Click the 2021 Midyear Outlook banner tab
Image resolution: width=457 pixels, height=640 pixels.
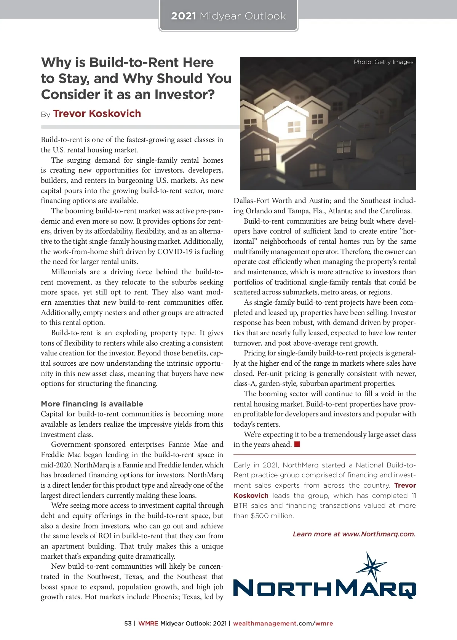pos(228,16)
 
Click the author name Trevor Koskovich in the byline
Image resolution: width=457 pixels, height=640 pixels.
pos(97,114)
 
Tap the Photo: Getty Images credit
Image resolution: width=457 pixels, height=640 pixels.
pos(383,62)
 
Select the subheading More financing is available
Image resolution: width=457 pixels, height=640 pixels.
pos(92,404)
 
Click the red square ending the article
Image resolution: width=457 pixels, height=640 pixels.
pos(297,444)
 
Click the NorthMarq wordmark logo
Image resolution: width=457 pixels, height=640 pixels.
pos(324,589)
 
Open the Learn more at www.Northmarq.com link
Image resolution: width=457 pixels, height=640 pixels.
pos(354,534)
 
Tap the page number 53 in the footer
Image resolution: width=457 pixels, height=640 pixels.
pos(128,624)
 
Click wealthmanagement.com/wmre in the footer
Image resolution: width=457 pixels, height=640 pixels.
pos(283,624)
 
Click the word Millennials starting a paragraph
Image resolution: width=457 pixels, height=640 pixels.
pos(69,272)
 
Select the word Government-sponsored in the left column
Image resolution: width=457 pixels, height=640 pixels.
pos(88,445)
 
